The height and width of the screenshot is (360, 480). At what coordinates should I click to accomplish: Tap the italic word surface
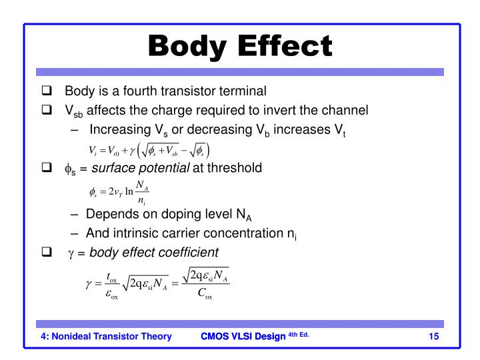coord(114,168)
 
